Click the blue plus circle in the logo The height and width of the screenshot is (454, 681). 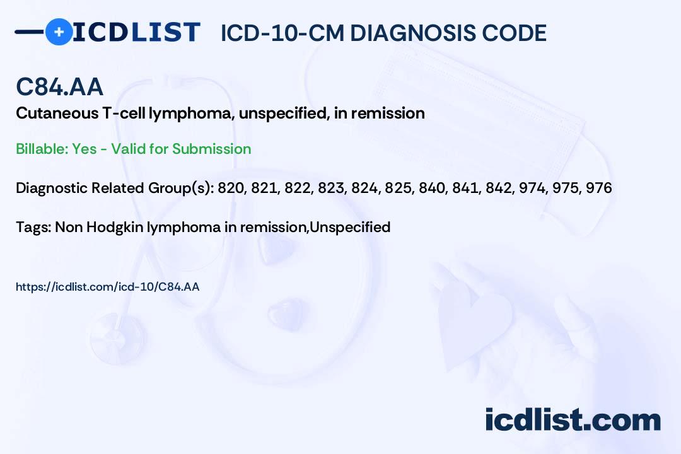(x=59, y=32)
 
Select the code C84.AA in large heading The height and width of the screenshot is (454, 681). (x=59, y=87)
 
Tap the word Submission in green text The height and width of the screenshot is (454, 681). (x=211, y=149)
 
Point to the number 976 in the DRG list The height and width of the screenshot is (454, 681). (x=598, y=188)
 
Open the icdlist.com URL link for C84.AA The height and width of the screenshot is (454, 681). (x=107, y=287)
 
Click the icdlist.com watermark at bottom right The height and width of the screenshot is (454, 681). (x=573, y=419)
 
